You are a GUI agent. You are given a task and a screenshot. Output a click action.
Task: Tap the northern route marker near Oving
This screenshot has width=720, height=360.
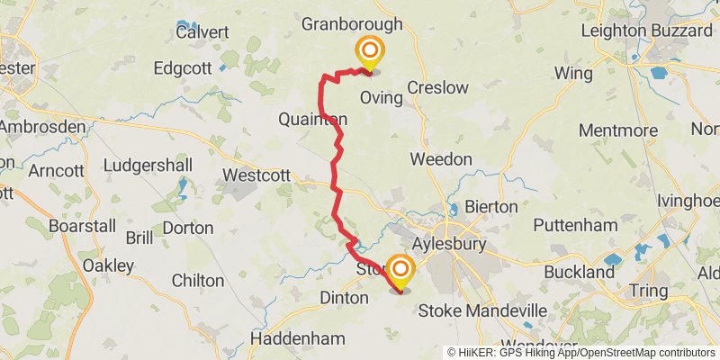368,53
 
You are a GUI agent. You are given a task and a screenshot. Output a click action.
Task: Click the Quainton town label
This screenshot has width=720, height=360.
312,119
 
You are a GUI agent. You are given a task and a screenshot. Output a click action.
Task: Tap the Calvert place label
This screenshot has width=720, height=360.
202,31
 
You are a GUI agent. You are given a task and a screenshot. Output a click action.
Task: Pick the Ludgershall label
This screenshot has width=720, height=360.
148,166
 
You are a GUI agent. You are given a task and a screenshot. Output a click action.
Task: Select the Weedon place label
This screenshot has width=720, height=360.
441,159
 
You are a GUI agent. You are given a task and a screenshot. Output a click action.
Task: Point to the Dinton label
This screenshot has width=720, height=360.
345,297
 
